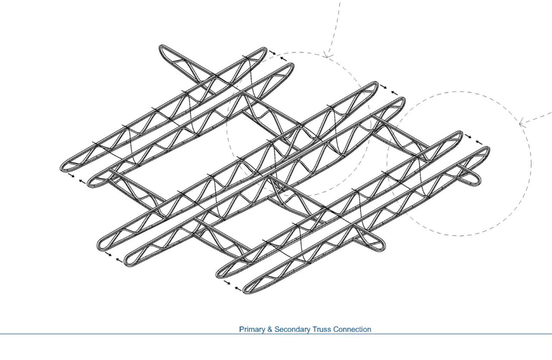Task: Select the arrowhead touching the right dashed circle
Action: coord(521,124)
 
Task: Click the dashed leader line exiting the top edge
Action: coord(336,22)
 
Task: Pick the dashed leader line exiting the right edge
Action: coord(539,117)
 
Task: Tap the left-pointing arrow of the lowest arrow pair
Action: coord(238,288)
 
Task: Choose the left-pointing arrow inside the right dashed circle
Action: coord(479,141)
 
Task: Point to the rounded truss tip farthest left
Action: coord(65,166)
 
